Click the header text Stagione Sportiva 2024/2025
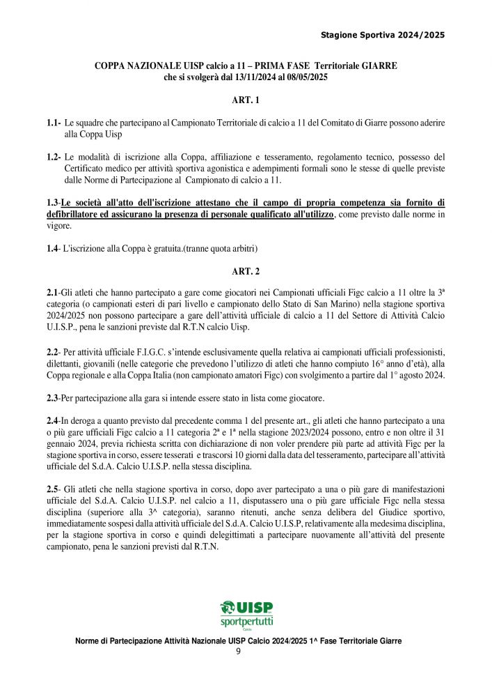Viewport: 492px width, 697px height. pos(383,35)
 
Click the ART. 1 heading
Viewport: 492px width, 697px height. pos(246,100)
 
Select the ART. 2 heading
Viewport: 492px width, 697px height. pos(246,271)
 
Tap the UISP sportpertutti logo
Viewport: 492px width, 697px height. pos(246,614)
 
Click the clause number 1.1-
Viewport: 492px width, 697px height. pos(54,123)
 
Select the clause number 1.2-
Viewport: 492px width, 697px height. pos(54,157)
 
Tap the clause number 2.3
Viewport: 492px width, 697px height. pos(53,398)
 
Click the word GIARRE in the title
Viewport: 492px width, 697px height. pos(376,66)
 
